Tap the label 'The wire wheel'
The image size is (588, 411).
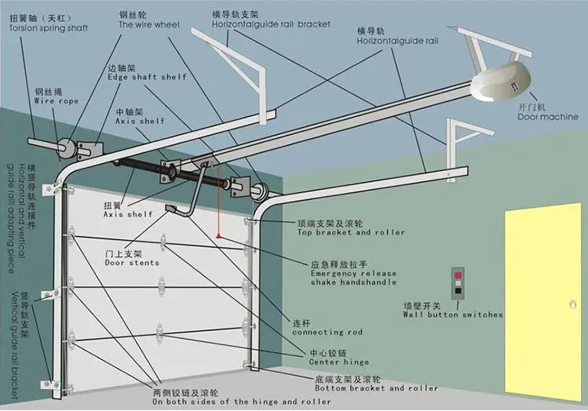148,24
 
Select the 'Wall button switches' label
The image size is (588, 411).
453,315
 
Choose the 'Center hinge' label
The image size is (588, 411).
328,362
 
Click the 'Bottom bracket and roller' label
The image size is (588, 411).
377,387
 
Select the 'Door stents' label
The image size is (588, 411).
132,263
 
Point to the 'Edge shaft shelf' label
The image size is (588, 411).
148,76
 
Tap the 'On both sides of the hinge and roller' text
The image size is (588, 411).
242,402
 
